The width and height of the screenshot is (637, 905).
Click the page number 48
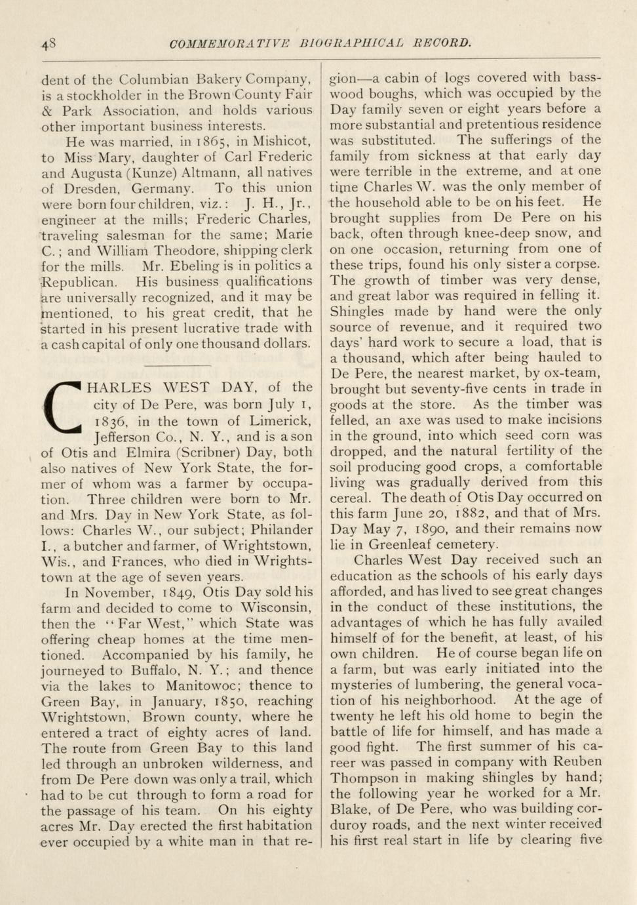click(x=48, y=44)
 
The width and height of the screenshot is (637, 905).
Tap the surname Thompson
click(x=364, y=778)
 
